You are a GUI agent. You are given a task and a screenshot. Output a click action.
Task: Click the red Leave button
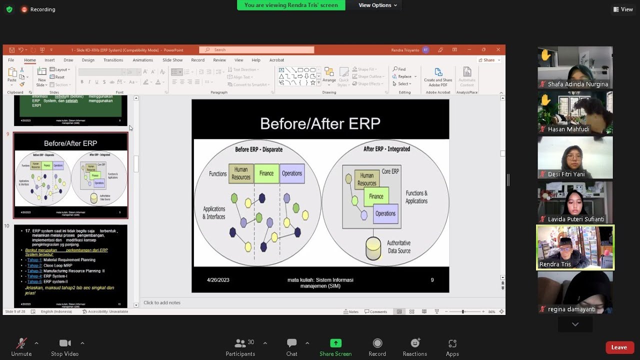619,347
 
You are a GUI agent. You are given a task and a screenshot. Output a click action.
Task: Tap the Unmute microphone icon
21,343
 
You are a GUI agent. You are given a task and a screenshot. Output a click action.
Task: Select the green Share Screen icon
335,343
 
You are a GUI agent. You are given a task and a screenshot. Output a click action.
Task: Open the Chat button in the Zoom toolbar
291,343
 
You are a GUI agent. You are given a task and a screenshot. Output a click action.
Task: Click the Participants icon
240,343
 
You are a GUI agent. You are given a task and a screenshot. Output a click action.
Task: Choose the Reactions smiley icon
414,343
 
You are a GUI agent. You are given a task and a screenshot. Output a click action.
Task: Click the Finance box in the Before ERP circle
266,173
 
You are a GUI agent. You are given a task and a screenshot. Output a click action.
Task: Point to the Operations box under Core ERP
385,213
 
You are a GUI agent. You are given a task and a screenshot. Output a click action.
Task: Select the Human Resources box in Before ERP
241,173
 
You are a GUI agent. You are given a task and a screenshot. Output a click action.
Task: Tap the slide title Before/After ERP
320,123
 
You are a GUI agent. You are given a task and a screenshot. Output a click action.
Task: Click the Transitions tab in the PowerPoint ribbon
113,60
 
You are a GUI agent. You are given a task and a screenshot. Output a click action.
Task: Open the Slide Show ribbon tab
172,60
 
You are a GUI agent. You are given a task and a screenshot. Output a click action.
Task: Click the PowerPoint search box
256,50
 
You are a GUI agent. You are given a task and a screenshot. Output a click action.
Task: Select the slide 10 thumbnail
70,265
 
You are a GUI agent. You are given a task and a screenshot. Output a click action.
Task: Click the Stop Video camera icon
65,343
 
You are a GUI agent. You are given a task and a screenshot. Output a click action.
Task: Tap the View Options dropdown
377,5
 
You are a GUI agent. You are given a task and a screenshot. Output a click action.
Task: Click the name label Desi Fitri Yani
566,174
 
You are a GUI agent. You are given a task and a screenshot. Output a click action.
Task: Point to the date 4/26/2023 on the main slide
218,280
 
